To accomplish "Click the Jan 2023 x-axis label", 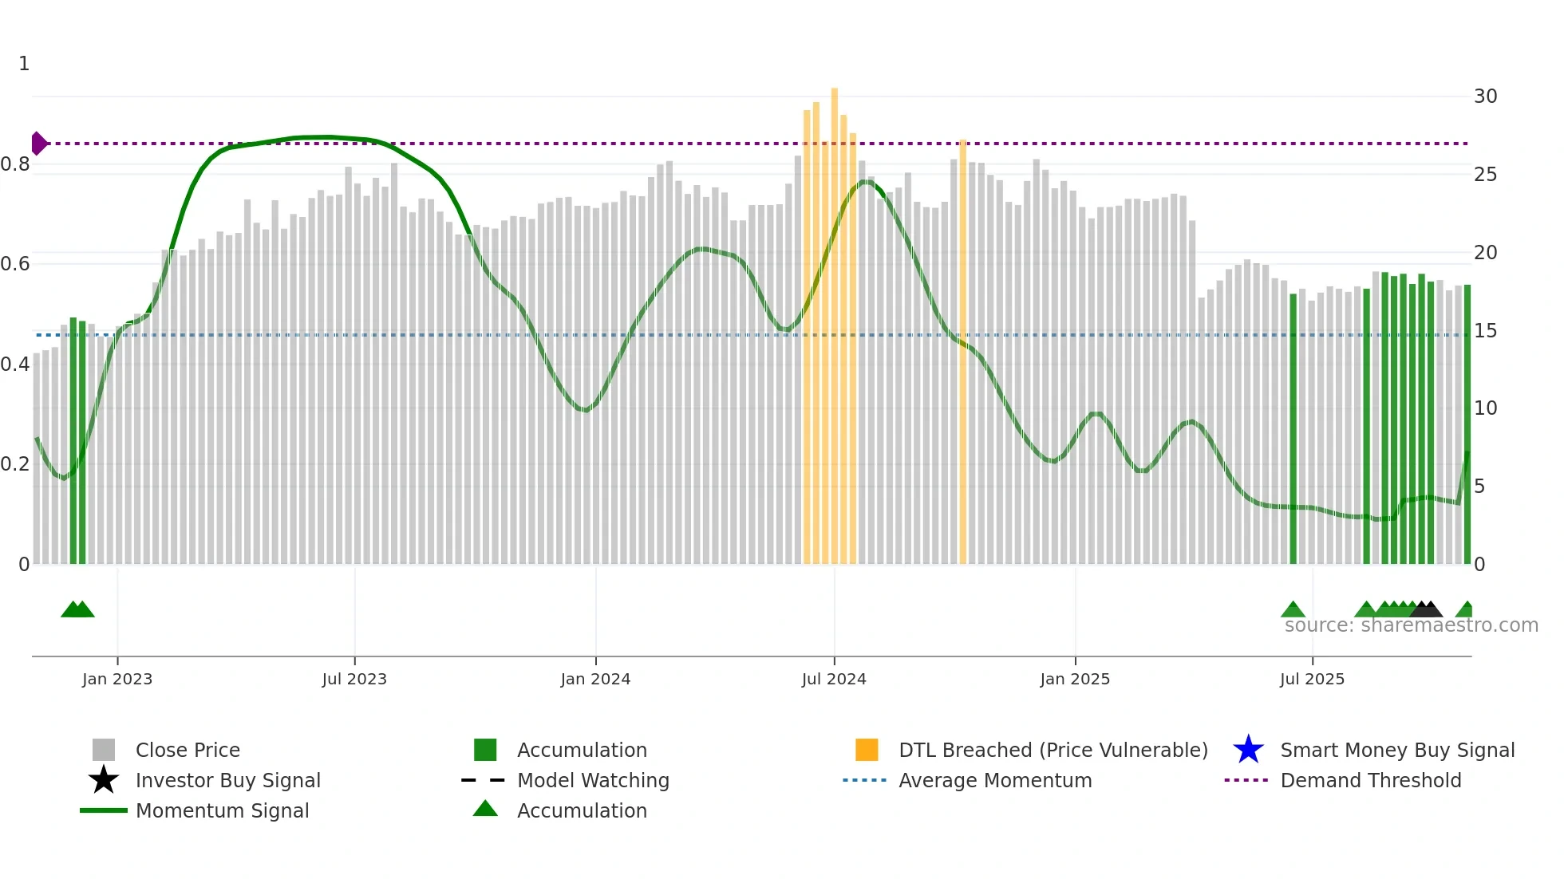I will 117,679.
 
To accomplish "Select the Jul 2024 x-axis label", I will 834,679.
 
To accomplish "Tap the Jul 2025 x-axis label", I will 1312,679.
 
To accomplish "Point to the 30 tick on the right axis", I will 1485,97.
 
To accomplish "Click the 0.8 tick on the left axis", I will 16,164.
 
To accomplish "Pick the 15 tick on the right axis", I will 1485,330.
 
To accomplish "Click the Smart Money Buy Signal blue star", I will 1248,750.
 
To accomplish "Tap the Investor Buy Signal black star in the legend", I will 104,780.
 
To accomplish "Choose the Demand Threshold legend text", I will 1370,780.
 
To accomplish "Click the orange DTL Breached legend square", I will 867,750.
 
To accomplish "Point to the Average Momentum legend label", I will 995,780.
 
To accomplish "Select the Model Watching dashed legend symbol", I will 484,780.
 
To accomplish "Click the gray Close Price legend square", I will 104,750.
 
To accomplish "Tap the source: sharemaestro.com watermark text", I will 1411,625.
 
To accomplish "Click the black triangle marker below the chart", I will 1426,609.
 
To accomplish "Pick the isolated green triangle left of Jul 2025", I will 1293,610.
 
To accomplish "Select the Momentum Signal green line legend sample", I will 104,810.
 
